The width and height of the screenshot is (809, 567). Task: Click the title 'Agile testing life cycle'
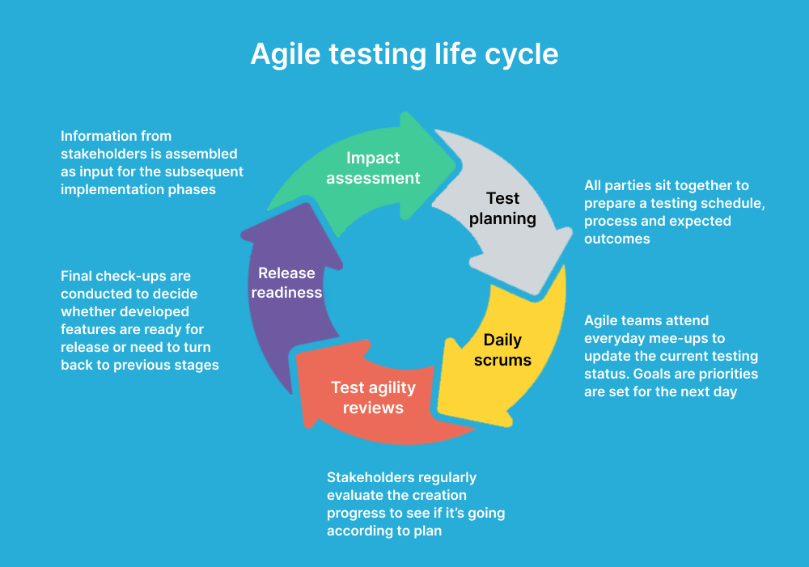pos(404,53)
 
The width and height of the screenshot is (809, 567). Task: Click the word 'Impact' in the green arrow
pos(373,158)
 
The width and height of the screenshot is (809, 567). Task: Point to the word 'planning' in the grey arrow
pos(503,218)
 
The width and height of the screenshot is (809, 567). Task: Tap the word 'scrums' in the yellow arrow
pos(502,360)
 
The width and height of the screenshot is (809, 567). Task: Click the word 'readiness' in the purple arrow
pos(286,293)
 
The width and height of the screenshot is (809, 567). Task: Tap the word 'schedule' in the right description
pos(727,203)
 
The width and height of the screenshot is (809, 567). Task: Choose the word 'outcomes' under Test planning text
pos(616,239)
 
